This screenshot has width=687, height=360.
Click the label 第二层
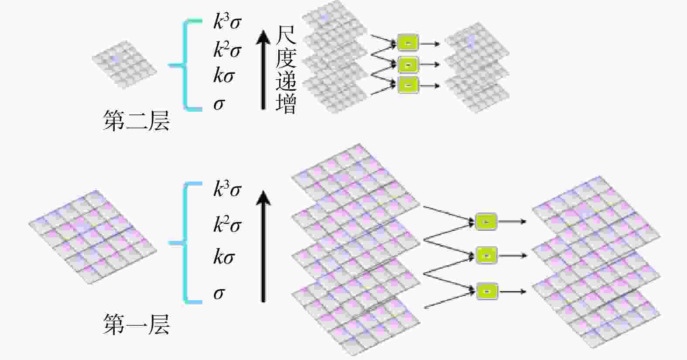(x=136, y=121)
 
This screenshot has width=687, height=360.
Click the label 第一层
(x=136, y=325)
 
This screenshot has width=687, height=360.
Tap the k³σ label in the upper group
(x=227, y=22)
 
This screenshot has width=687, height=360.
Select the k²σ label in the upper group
(x=227, y=50)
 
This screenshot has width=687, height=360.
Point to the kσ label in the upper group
(x=224, y=76)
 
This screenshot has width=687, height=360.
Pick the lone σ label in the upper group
(x=219, y=104)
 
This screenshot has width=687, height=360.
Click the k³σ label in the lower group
(x=227, y=189)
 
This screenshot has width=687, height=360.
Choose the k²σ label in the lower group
(x=227, y=225)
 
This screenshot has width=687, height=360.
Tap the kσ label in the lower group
(x=224, y=257)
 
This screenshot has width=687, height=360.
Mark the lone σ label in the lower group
(x=219, y=293)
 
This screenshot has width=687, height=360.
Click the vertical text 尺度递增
(x=286, y=70)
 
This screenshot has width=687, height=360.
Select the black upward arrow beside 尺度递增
(x=263, y=70)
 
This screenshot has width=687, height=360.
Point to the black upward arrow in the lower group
(x=263, y=247)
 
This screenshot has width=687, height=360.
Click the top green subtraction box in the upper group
(x=408, y=43)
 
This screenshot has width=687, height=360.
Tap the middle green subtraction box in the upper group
(x=408, y=65)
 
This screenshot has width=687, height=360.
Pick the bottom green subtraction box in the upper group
(x=408, y=85)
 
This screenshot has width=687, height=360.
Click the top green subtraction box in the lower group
(x=486, y=222)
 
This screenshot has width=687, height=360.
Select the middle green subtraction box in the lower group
(x=486, y=255)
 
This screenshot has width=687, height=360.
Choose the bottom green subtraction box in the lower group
(x=486, y=291)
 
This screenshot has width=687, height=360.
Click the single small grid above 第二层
(x=124, y=64)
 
